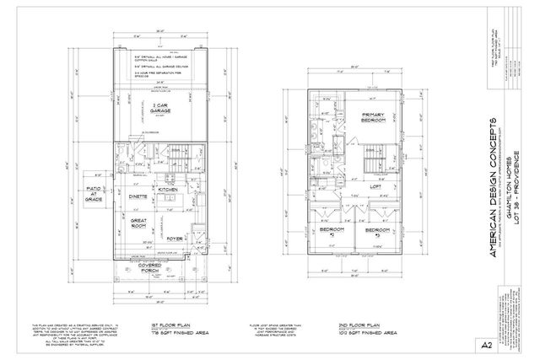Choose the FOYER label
pyautogui.click(x=175, y=239)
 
